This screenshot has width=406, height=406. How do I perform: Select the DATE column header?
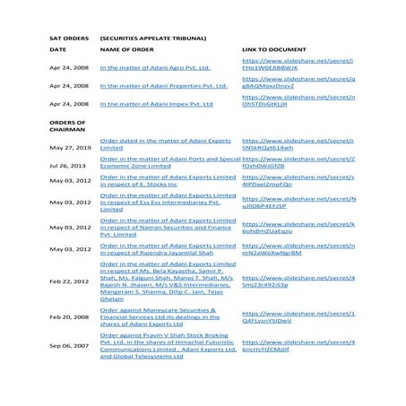(57, 51)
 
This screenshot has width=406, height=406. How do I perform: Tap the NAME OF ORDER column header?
(134, 51)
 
